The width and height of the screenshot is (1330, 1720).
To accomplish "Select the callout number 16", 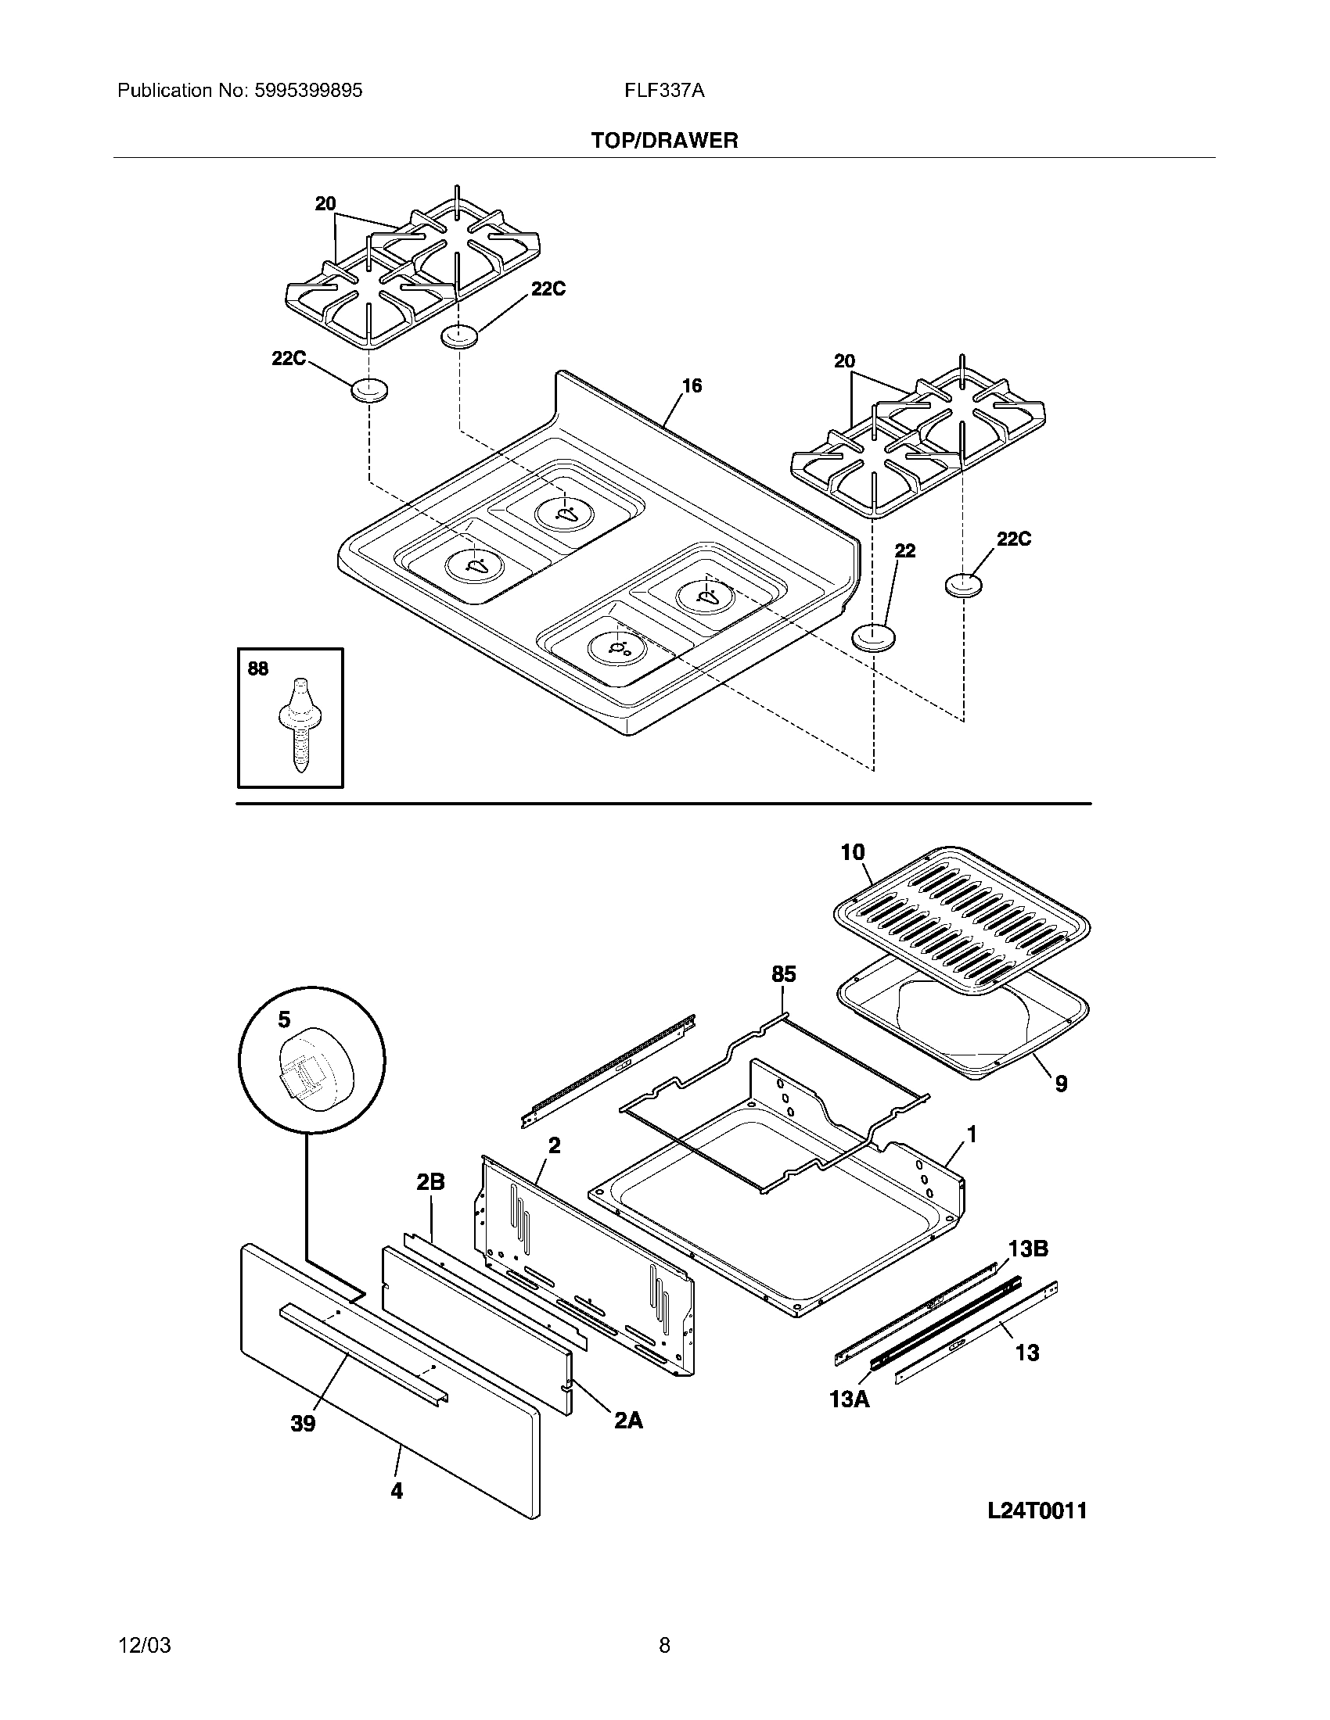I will pyautogui.click(x=692, y=386).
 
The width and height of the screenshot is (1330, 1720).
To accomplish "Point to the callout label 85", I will pyautogui.click(x=783, y=974).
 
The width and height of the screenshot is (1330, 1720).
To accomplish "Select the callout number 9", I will pyautogui.click(x=1062, y=1084).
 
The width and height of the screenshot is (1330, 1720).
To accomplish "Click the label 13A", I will pyautogui.click(x=850, y=1399).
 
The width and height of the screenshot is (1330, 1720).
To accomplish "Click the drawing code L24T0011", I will pyautogui.click(x=1037, y=1510).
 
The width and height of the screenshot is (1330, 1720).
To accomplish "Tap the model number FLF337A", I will pyautogui.click(x=664, y=91).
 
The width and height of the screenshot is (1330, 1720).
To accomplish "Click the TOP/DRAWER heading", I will pyautogui.click(x=664, y=141).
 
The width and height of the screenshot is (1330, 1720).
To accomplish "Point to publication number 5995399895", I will pyautogui.click(x=308, y=91).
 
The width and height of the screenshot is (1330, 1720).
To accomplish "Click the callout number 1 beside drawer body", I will pyautogui.click(x=972, y=1134).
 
